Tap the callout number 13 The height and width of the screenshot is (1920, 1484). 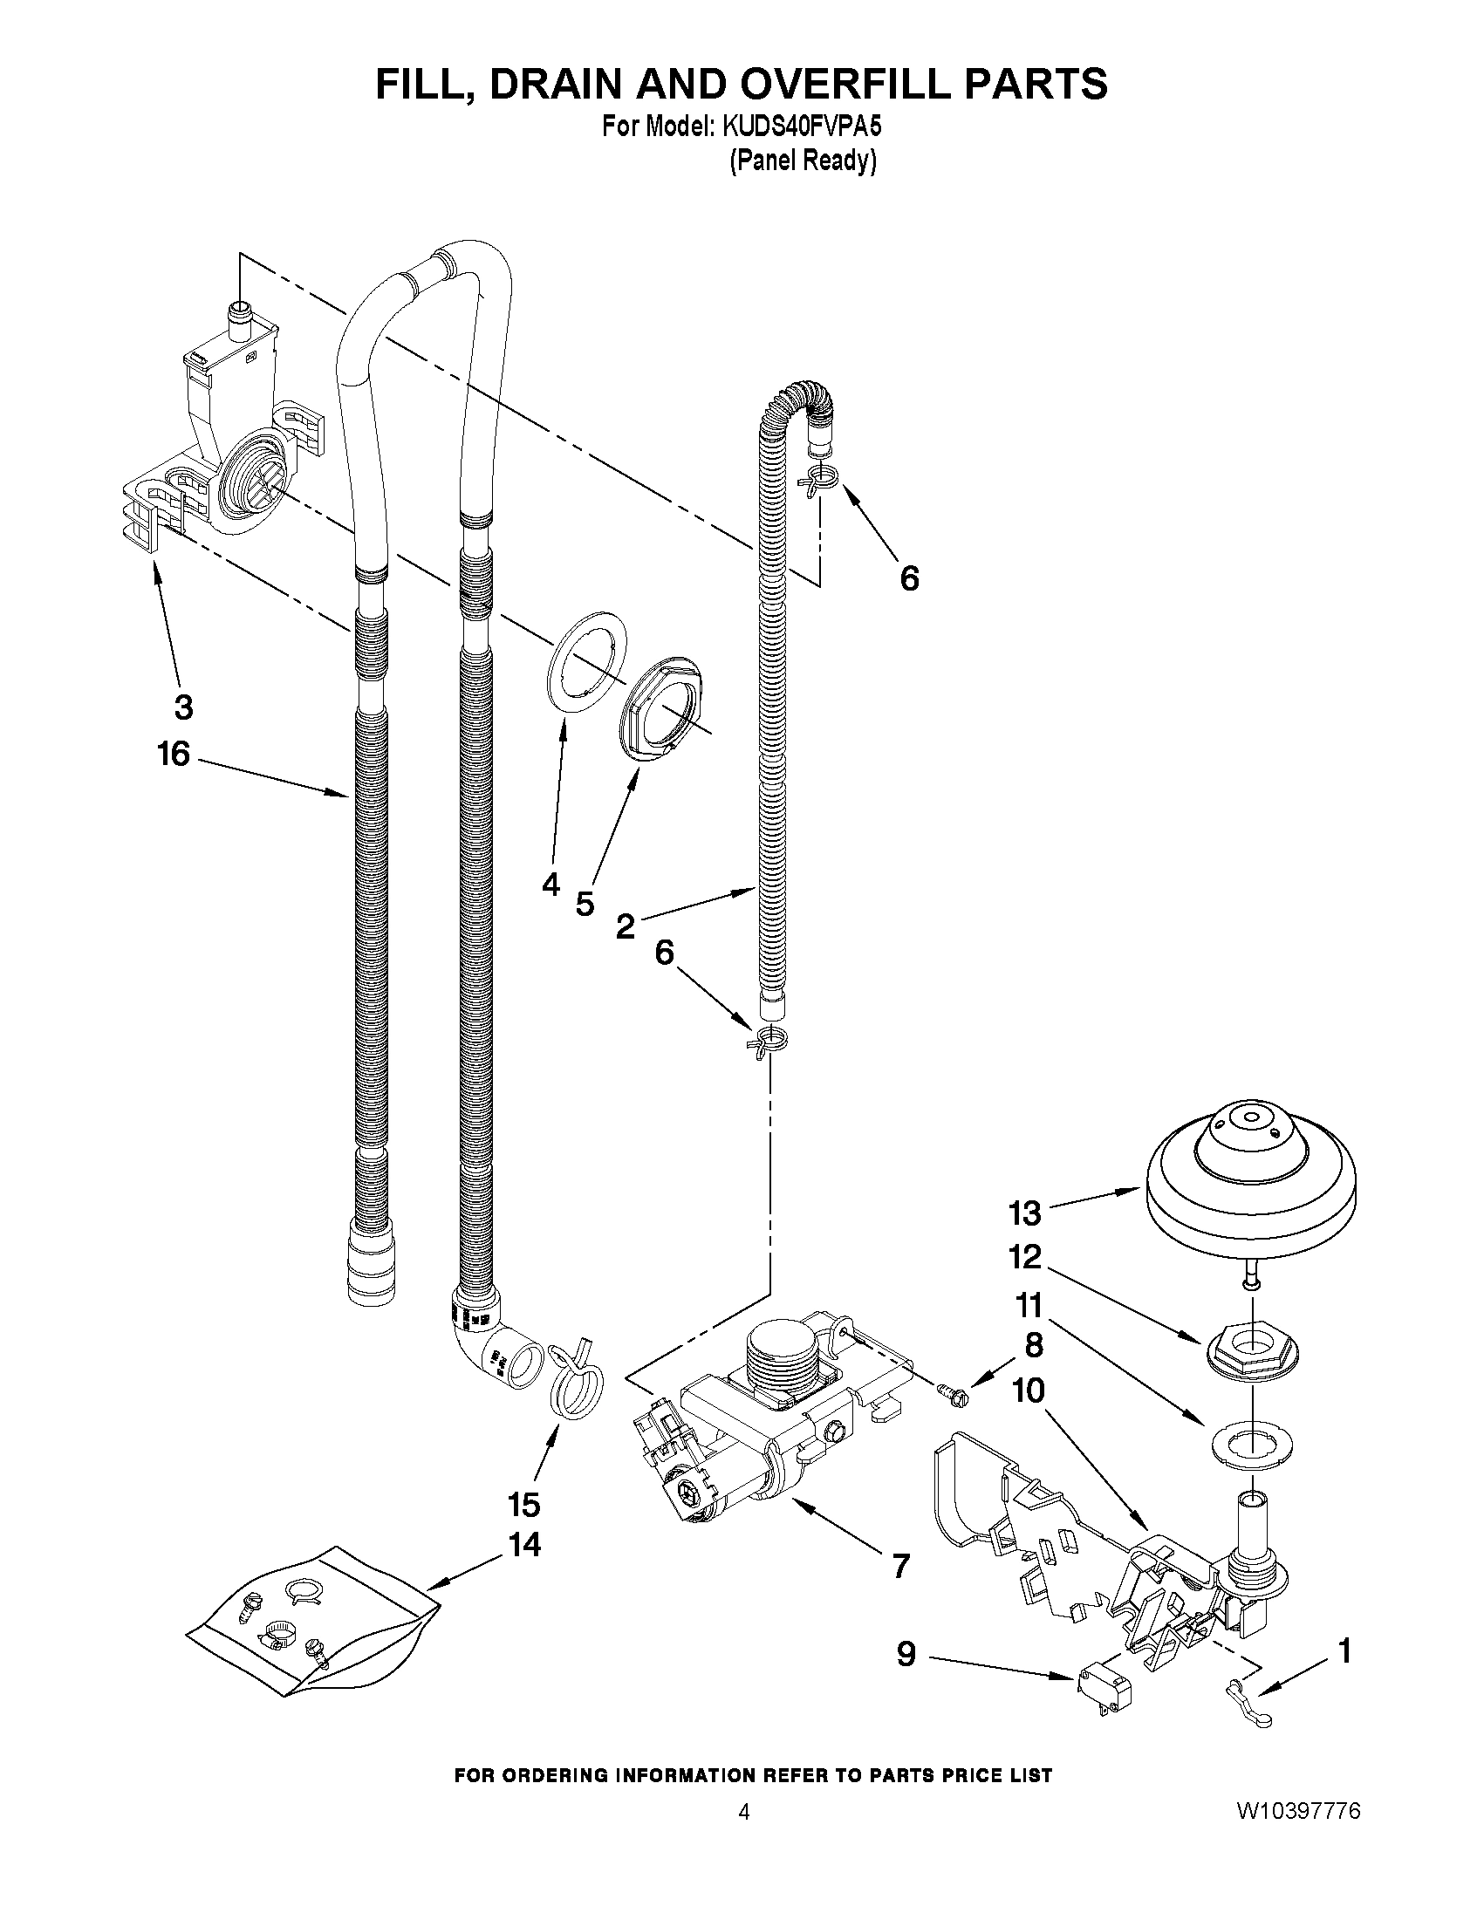pos(1024,1213)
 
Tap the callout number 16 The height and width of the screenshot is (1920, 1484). pos(174,754)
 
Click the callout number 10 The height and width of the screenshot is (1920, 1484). pos(1027,1390)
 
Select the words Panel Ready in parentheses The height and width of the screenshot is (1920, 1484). pos(803,161)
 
